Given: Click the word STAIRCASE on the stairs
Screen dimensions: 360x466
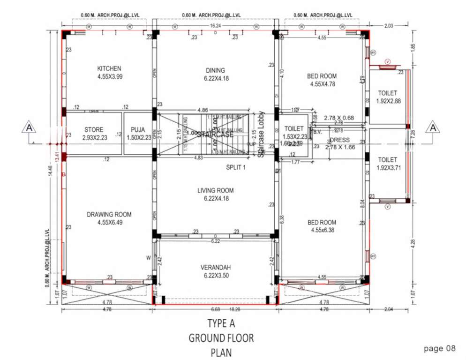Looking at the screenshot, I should click(x=216, y=135).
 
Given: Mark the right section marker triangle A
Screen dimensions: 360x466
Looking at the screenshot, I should click(x=433, y=127).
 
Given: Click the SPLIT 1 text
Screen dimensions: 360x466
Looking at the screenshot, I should click(x=237, y=167).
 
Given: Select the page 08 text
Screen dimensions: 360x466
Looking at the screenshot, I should click(x=439, y=348).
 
